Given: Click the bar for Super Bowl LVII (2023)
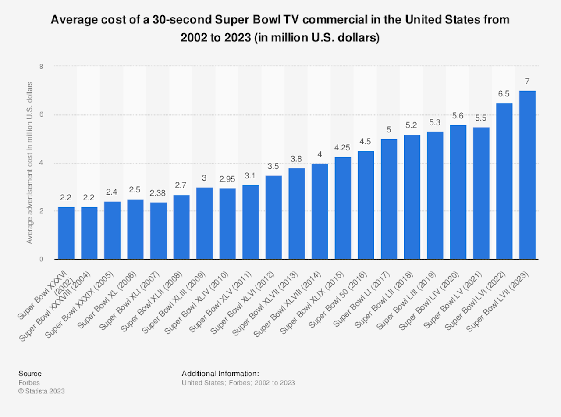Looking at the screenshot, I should click(527, 175).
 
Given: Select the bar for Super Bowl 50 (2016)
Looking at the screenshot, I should click(366, 205).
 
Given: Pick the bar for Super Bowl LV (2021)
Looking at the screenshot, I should click(481, 193).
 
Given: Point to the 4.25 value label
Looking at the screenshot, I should click(343, 148).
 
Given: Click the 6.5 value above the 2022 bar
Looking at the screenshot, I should click(504, 94).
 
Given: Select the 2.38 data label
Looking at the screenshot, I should click(158, 193).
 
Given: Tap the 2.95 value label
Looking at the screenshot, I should click(227, 179).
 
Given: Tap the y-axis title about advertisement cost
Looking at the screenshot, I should click(30, 163).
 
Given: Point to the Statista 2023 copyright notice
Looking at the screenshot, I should click(42, 391).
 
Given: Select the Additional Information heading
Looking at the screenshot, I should click(220, 374).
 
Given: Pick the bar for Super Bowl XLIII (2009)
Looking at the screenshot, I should click(204, 223).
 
